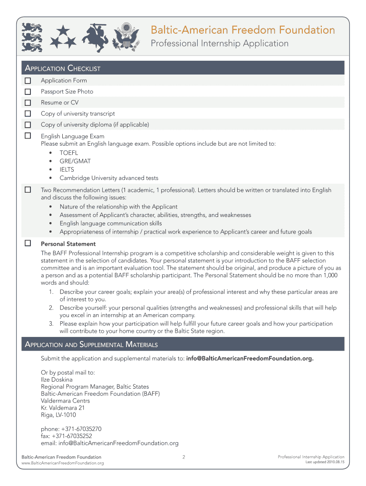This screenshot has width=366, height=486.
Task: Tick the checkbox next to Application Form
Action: click(28, 81)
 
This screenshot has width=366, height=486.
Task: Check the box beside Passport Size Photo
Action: click(28, 92)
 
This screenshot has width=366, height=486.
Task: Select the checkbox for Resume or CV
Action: click(28, 103)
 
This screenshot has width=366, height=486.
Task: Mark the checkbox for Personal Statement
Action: click(28, 243)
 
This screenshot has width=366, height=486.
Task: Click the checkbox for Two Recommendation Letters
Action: click(28, 190)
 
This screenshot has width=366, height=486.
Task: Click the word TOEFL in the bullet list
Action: click(68, 153)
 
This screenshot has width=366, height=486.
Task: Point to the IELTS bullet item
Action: click(67, 169)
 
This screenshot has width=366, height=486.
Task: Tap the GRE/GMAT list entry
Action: click(75, 161)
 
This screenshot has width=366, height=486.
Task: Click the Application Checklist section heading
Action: click(62, 68)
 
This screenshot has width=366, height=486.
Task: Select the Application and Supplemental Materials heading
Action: click(91, 344)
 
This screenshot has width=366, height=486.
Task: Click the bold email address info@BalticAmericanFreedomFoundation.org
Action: click(250, 358)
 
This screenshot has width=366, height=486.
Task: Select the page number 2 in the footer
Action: click(183, 457)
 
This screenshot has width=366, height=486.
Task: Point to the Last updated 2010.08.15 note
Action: click(325, 462)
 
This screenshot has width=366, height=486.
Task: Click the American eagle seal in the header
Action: click(126, 36)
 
